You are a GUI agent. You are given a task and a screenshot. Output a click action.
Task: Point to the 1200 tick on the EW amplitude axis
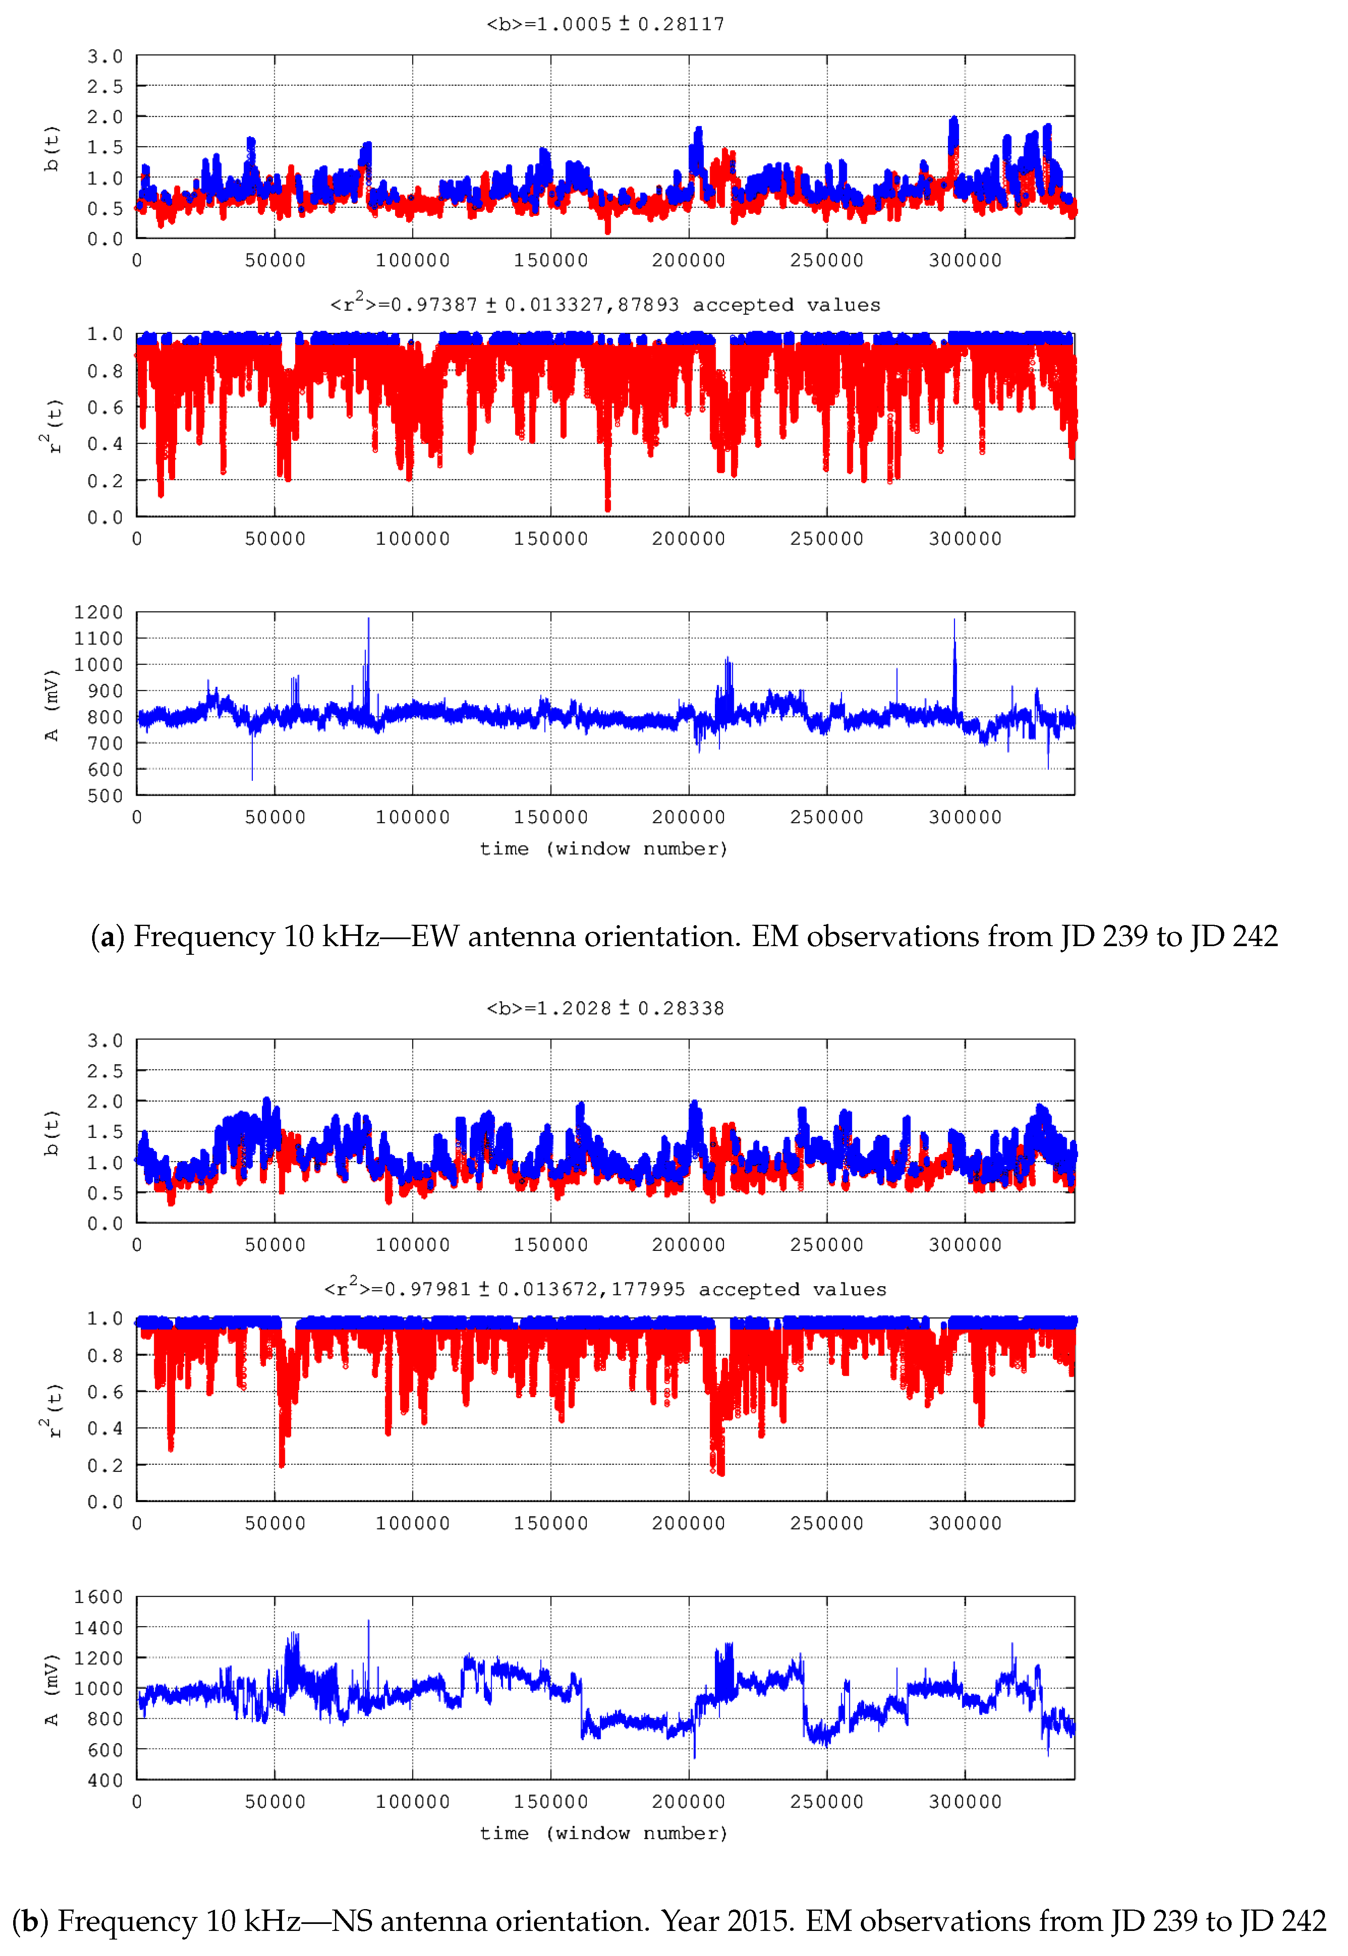click(99, 612)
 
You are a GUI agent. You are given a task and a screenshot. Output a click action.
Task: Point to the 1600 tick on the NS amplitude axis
click(99, 1596)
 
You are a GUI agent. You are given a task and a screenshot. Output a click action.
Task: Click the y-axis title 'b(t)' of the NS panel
click(52, 1132)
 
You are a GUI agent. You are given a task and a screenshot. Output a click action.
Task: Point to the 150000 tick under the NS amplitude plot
click(551, 1801)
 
